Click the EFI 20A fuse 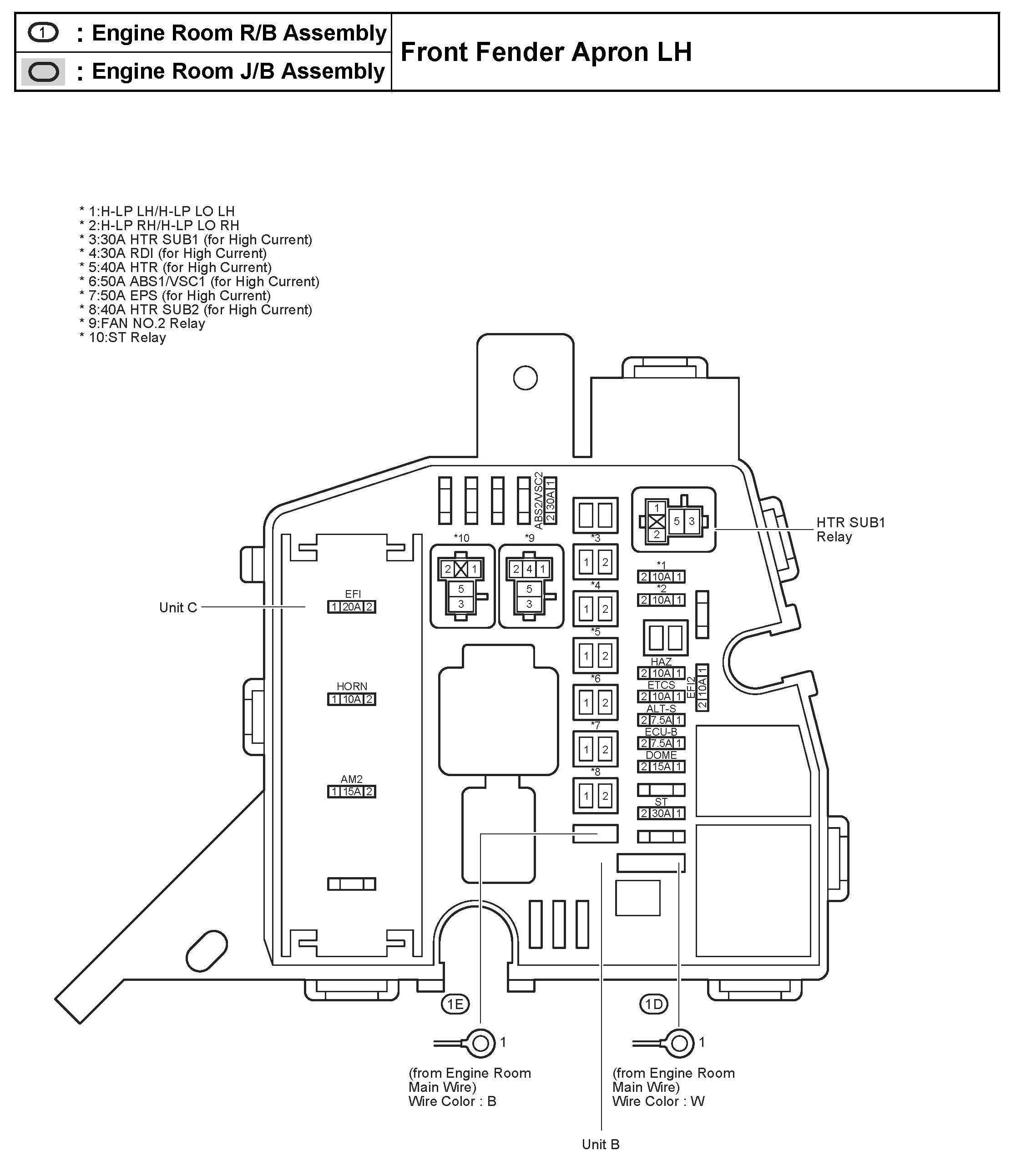[351, 607]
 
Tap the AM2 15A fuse [351, 792]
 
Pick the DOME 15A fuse [661, 767]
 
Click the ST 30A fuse [661, 813]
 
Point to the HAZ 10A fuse [661, 673]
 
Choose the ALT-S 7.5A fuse [661, 720]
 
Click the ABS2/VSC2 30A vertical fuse [551, 500]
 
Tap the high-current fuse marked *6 [595, 702]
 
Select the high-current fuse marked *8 [595, 796]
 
